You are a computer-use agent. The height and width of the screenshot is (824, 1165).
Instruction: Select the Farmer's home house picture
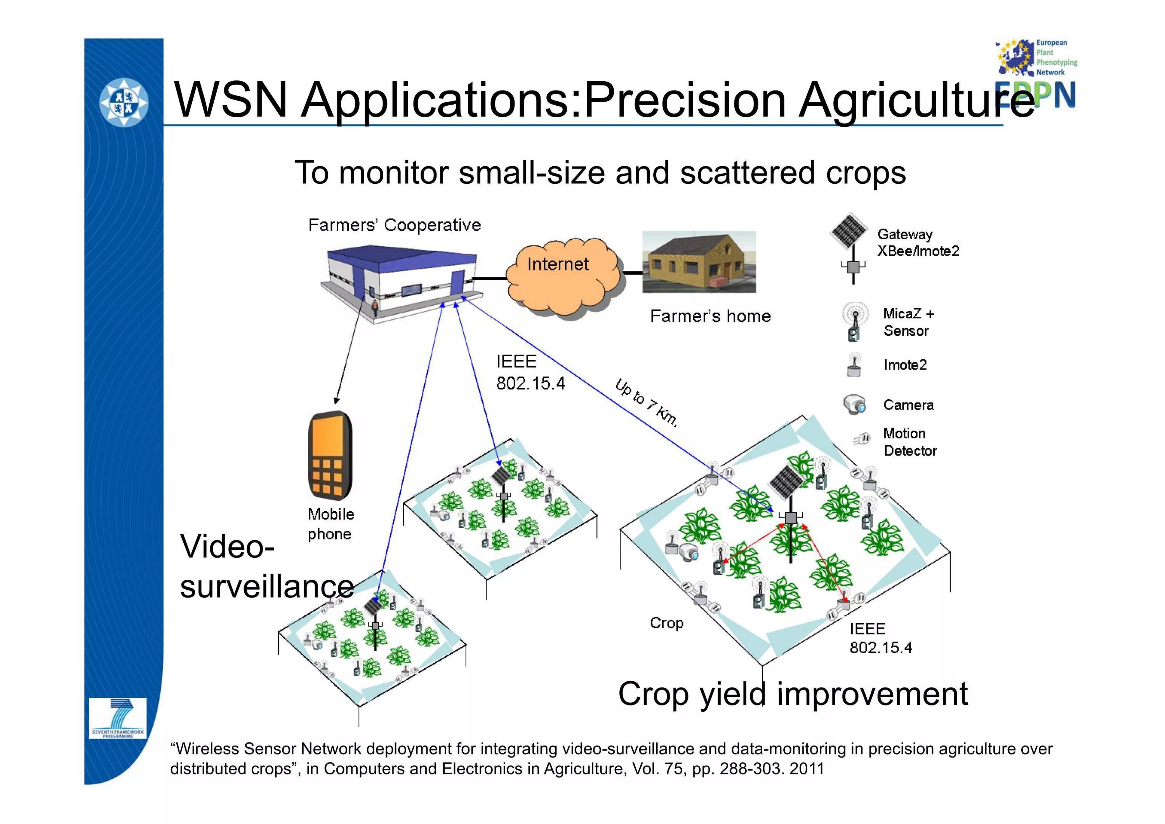(699, 262)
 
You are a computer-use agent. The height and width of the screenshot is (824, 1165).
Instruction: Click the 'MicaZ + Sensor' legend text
(908, 322)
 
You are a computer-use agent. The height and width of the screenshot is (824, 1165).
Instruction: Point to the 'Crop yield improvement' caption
(793, 694)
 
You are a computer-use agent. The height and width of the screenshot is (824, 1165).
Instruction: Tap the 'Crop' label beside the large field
(666, 623)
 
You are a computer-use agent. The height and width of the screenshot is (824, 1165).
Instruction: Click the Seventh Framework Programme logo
(117, 718)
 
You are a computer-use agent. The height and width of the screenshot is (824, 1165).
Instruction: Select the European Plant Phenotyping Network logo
(1036, 71)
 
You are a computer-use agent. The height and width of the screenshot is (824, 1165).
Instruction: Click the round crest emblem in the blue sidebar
(123, 103)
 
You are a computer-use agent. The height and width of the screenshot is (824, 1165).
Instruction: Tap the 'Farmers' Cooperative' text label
(394, 225)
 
